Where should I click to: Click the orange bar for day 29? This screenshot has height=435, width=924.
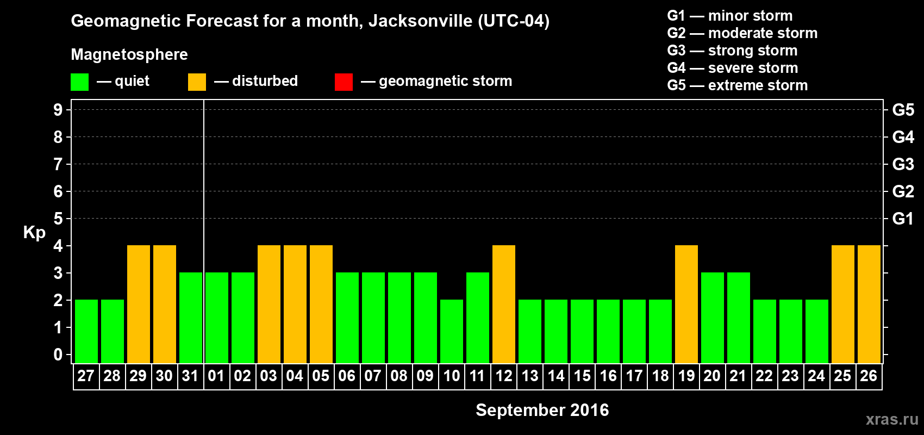click(x=139, y=304)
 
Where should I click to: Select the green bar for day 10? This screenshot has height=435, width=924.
click(x=452, y=331)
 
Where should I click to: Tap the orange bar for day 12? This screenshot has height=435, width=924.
click(x=504, y=304)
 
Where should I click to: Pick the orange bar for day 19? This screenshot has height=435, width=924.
click(x=686, y=304)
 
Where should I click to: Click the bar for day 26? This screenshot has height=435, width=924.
click(x=869, y=304)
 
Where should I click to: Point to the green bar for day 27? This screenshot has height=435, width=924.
click(x=86, y=331)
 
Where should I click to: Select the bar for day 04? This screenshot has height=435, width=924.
click(x=295, y=304)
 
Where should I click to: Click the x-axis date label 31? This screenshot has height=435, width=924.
click(x=190, y=376)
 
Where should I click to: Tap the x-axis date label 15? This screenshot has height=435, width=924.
click(x=582, y=376)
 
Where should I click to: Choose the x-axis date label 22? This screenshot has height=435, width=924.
click(x=764, y=376)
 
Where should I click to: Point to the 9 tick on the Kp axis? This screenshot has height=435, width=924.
click(x=58, y=110)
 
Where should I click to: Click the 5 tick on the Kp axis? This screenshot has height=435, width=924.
click(x=58, y=219)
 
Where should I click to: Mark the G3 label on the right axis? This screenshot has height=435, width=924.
click(x=903, y=164)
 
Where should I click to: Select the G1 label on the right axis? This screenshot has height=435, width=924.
click(x=903, y=219)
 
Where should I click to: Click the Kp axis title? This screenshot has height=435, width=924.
click(x=34, y=232)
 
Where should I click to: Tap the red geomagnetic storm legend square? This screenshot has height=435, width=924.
click(x=344, y=82)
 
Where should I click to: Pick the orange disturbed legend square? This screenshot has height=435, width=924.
click(x=197, y=82)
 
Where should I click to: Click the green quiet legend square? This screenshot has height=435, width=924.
click(x=79, y=82)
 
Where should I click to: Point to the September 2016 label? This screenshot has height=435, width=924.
click(x=542, y=410)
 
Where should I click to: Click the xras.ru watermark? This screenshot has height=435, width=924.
click(x=892, y=419)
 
